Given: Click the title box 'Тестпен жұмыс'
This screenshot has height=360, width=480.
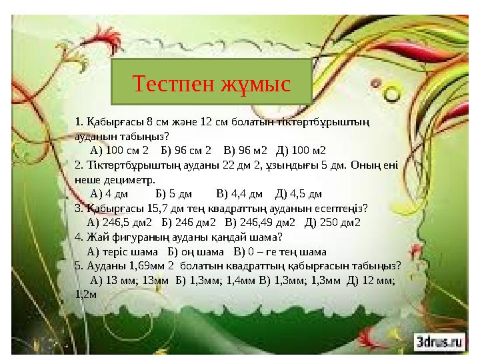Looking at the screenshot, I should pyautogui.click(x=211, y=84).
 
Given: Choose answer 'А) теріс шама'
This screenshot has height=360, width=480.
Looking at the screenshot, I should pyautogui.click(x=123, y=252).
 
